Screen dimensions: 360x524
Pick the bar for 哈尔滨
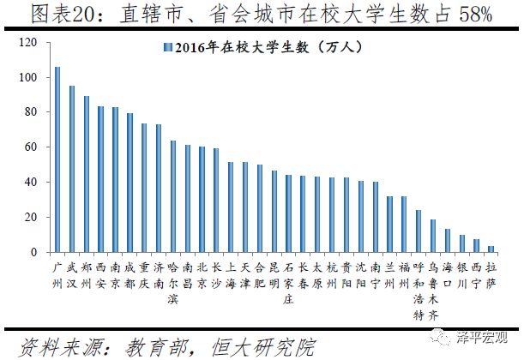click(x=173, y=196)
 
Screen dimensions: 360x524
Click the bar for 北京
click(x=202, y=200)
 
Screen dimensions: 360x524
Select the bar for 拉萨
click(x=491, y=249)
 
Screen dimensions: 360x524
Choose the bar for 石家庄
click(x=288, y=214)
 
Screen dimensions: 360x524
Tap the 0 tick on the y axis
click(x=33, y=252)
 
